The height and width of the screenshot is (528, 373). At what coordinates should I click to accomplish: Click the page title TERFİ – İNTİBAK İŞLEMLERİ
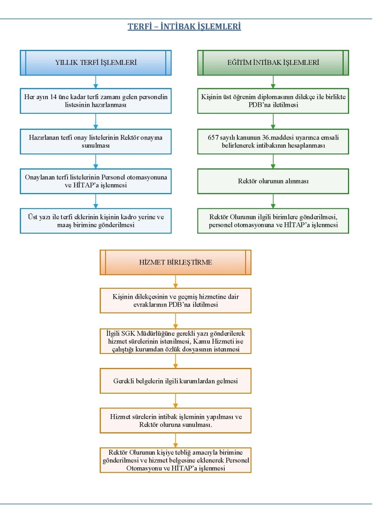pos(184,26)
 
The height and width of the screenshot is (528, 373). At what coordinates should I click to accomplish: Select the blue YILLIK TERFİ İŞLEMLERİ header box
pos(96,63)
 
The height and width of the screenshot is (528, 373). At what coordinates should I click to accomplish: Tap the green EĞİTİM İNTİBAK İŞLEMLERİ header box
pos(273,63)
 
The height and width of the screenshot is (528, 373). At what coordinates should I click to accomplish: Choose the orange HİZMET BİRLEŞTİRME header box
pos(176,262)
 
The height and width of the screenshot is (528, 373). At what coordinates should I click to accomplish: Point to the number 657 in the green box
pos(213,137)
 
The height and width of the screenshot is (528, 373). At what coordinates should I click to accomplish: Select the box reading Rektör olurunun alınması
pos(273,181)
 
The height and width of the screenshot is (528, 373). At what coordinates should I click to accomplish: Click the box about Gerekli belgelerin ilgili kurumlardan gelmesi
pos(176,381)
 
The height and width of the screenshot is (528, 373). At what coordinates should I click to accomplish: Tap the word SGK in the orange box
pos(128,333)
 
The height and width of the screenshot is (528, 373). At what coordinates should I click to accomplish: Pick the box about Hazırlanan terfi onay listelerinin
pos(96,141)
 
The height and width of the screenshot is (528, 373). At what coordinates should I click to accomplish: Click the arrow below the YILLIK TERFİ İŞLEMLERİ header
pos(96,82)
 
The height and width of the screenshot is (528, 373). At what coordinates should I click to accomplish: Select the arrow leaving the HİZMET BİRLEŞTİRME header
pos(176,281)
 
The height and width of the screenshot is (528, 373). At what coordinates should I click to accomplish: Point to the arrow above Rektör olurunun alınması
pos(273,161)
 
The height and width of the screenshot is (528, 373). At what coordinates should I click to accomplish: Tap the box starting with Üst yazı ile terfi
pos(96,221)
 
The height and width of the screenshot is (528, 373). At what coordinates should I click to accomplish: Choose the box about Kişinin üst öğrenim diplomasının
pos(273,101)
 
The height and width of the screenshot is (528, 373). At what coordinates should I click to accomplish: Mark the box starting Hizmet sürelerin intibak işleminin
pos(176,421)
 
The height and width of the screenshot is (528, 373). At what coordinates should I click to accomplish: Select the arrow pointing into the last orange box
pos(176,441)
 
